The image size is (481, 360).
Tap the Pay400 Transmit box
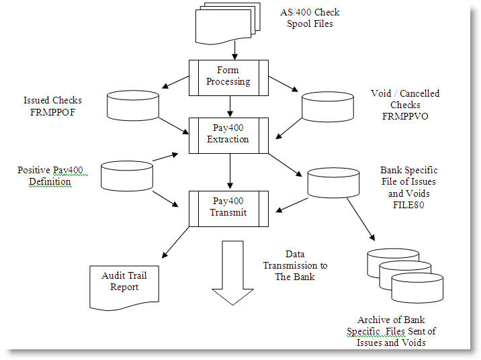[x=228, y=206]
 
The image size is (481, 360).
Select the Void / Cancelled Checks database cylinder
[x=326, y=106]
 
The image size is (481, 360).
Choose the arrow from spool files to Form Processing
[x=233, y=50]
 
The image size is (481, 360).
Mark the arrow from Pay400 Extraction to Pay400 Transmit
[x=230, y=171]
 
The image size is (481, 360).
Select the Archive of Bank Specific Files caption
[x=391, y=332]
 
